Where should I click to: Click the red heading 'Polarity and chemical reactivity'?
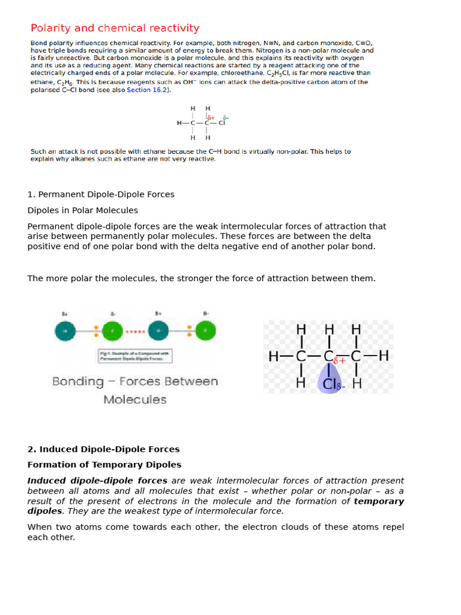115,28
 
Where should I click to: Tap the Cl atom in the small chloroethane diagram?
221,123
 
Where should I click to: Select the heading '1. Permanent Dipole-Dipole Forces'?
101,195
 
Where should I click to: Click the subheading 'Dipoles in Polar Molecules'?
83,210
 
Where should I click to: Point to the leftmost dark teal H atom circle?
65,330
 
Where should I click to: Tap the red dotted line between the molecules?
134,330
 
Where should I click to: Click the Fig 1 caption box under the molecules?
134,356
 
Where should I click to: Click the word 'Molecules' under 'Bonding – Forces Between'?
134,399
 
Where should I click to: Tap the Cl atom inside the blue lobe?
328,383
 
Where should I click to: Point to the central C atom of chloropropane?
328,356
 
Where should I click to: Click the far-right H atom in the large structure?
383,356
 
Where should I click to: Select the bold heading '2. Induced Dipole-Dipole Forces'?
103,449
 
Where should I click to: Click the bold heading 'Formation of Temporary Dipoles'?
104,465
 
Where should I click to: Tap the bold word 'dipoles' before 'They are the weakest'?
44,511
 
